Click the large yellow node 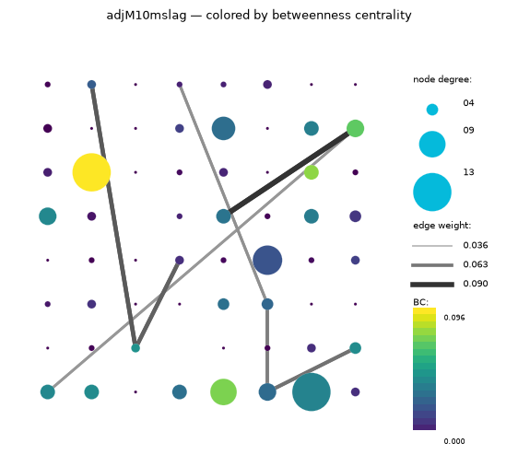tap(91, 172)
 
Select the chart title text tap(259, 15)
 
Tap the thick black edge tap(289, 172)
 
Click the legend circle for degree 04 tap(432, 110)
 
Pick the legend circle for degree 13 tap(432, 192)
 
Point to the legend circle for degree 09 tap(432, 145)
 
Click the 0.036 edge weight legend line tap(432, 246)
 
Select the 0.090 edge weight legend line tap(432, 285)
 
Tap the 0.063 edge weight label tap(475, 264)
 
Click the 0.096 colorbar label tap(454, 318)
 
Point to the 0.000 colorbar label tap(454, 441)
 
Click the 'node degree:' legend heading tap(442, 79)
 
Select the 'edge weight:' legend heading tap(442, 226)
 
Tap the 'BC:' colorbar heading tap(420, 302)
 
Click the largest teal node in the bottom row tap(312, 392)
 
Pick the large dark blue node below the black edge tap(267, 260)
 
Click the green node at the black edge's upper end tap(355, 128)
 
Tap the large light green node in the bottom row tap(223, 392)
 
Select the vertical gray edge tap(267, 348)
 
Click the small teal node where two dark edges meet tap(135, 348)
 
